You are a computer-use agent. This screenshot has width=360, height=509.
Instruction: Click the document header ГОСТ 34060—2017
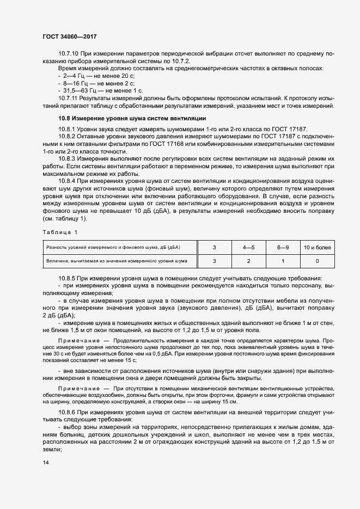click(x=70, y=36)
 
